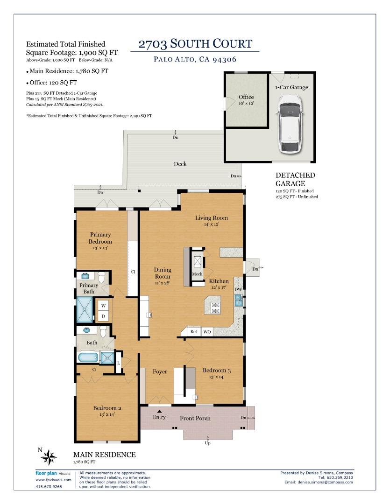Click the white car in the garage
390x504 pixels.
click(289, 124)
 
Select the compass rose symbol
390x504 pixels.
click(49, 457)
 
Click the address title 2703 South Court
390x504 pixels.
click(195, 44)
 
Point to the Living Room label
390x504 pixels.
click(211, 218)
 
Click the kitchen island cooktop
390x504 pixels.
click(216, 307)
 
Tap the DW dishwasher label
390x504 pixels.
click(238, 290)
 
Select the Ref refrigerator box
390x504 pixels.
click(194, 332)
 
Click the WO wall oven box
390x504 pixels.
click(207, 332)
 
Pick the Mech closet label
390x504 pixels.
click(197, 274)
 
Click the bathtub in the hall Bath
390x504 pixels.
click(88, 358)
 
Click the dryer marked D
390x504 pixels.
click(104, 316)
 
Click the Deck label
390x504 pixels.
click(180, 164)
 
